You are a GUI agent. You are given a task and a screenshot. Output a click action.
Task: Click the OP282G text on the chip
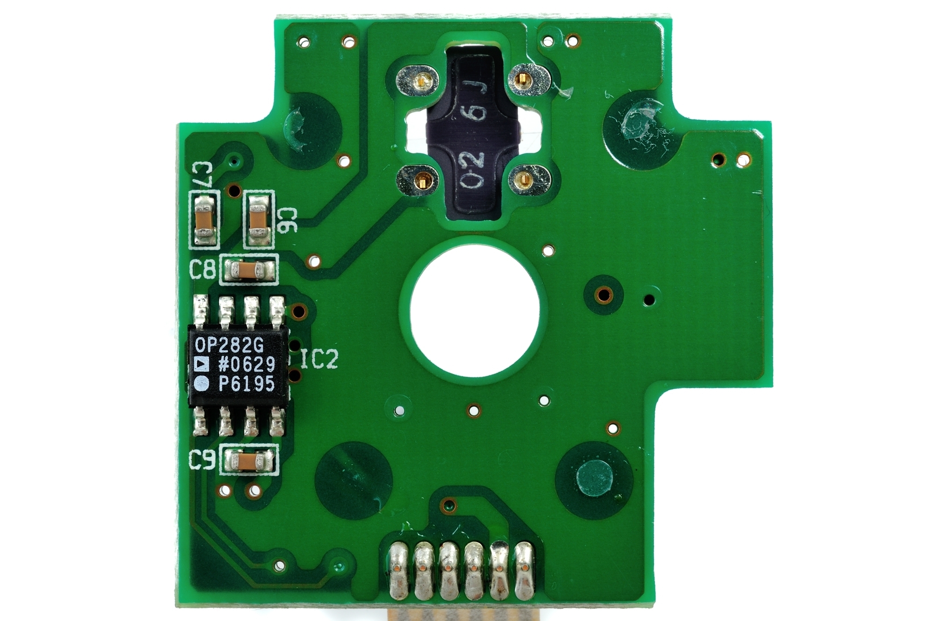click(229, 345)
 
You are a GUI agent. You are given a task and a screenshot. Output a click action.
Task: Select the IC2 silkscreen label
click(319, 359)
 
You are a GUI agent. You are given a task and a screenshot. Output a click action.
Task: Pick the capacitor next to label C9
click(248, 462)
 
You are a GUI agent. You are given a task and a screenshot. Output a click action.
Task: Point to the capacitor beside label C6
click(259, 219)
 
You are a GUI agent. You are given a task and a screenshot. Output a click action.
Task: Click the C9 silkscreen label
click(202, 460)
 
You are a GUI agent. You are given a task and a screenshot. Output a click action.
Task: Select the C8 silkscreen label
click(203, 269)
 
